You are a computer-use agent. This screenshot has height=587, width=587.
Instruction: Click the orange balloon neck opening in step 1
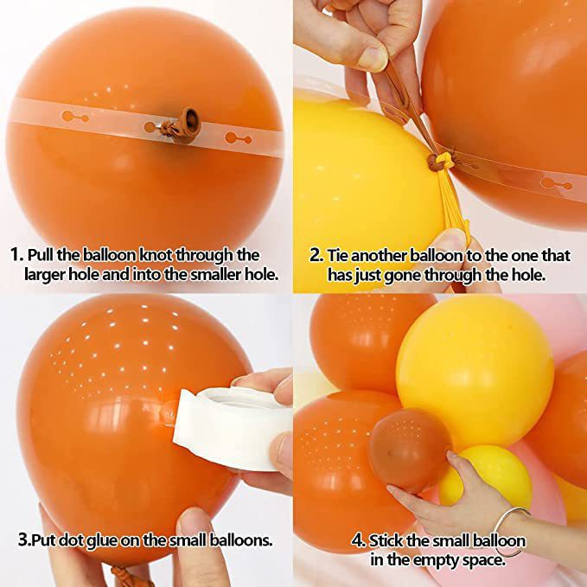tap(191, 120)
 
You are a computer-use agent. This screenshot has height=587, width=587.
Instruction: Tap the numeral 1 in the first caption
tap(16, 255)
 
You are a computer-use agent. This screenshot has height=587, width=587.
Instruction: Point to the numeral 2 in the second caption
tap(316, 255)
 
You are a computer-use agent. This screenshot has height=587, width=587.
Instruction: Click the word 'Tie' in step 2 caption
tap(338, 255)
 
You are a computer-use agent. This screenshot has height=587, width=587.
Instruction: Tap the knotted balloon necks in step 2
tap(438, 161)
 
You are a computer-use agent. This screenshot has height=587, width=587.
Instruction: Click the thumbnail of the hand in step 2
tap(372, 58)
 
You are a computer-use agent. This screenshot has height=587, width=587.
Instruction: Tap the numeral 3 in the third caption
tap(23, 540)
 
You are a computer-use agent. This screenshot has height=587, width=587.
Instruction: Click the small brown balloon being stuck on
tap(410, 450)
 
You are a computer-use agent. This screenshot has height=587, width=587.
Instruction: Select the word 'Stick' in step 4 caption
tap(386, 541)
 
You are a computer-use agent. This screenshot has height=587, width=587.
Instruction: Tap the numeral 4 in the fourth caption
tap(357, 541)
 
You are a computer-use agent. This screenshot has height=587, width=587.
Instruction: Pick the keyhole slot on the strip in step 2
tap(556, 183)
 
